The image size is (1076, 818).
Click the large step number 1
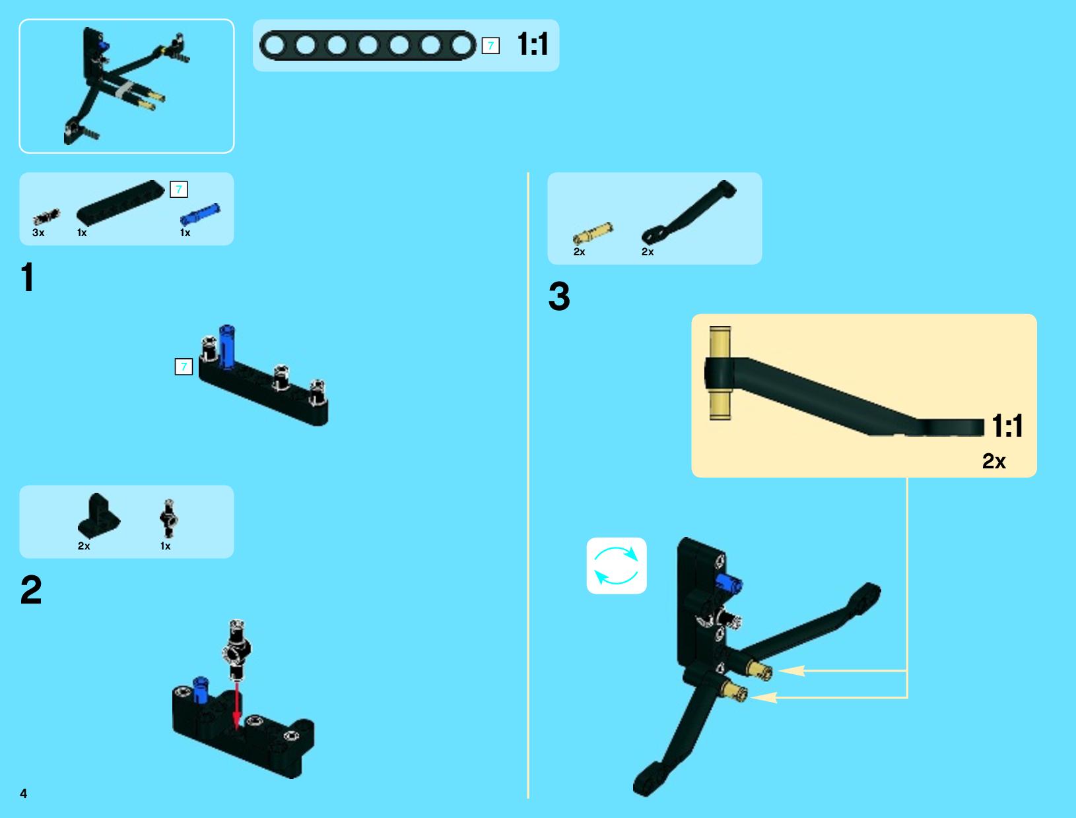28,277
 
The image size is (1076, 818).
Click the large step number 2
31,590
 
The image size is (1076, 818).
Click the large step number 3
559,296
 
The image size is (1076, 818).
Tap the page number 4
24,794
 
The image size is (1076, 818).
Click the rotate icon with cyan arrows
616,566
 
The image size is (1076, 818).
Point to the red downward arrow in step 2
236,705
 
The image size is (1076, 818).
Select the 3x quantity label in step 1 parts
38,233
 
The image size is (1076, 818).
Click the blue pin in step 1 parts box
200,214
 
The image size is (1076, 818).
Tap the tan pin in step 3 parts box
593,234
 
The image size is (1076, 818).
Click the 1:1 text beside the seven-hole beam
533,44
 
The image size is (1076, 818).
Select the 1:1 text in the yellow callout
1007,425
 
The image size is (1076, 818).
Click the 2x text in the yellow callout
993,461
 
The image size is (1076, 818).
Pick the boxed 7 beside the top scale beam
490,46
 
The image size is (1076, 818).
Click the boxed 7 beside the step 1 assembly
184,367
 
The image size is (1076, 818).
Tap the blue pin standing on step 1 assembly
227,346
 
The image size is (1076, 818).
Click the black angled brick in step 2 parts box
98,516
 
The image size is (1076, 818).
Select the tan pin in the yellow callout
720,373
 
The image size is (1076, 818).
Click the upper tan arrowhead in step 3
791,671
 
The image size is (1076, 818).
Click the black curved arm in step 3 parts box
689,212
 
